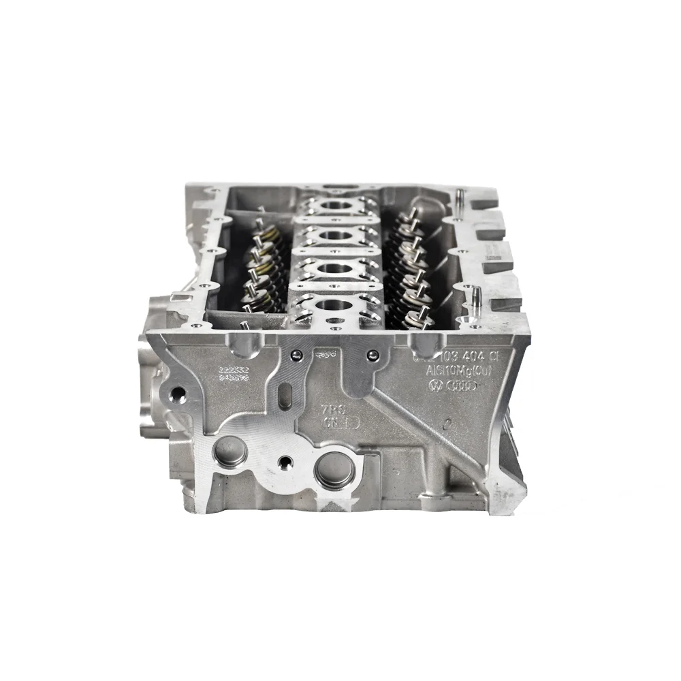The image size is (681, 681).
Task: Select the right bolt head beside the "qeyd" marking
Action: coord(373,354)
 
